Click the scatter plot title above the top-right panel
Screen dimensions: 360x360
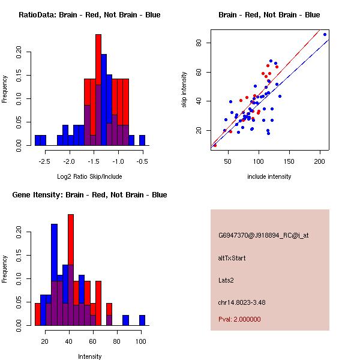coord(269,15)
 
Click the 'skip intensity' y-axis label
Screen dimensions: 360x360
coord(184,90)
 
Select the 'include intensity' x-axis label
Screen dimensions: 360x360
coord(269,176)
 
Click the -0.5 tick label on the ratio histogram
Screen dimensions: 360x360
coord(142,161)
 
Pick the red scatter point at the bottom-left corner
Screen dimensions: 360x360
coord(215,145)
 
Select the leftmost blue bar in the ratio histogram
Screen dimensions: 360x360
coord(40,140)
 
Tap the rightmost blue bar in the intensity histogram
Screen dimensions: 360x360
coord(142,320)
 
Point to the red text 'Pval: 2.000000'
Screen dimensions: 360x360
coord(239,319)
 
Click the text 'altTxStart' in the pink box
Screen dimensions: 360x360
coord(232,258)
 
